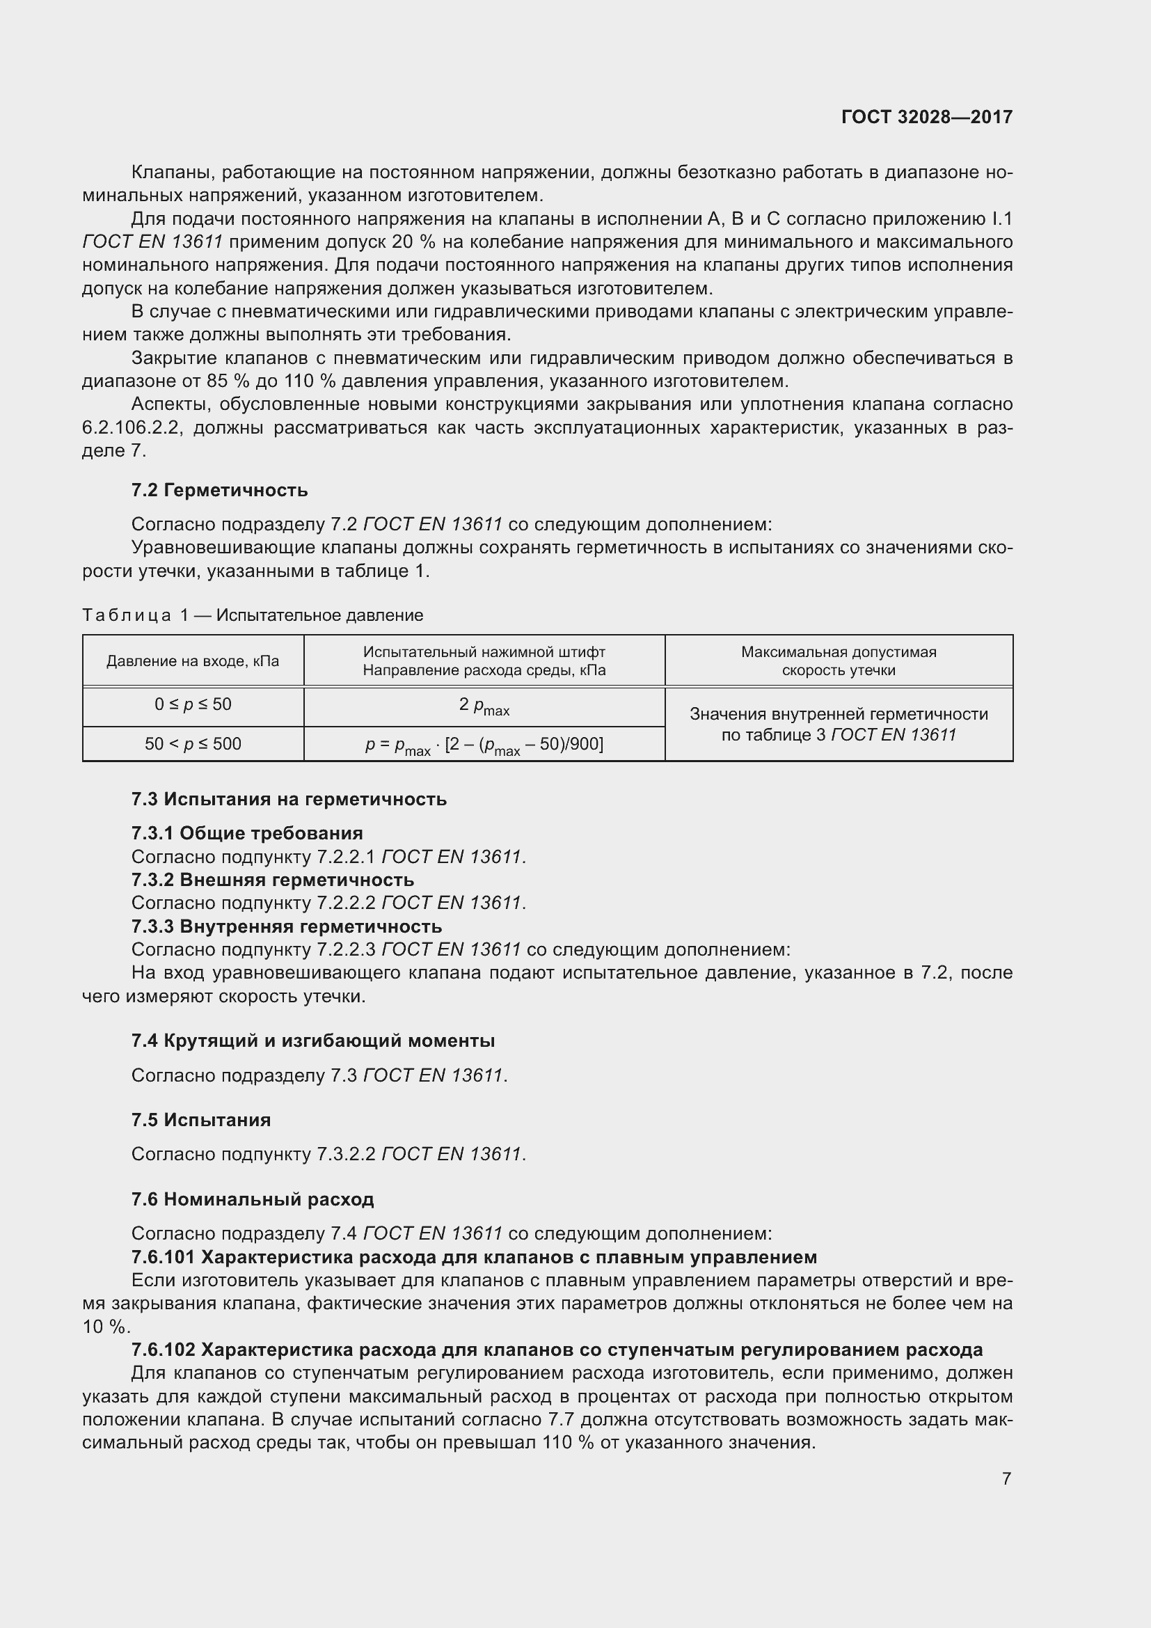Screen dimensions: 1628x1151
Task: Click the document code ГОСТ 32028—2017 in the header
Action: click(x=926, y=117)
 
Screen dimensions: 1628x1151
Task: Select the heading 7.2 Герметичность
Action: click(x=219, y=490)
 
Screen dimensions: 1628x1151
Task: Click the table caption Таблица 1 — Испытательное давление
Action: click(x=253, y=615)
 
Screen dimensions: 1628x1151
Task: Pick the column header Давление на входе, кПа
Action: click(x=193, y=661)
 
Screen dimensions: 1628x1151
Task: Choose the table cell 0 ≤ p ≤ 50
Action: click(x=193, y=704)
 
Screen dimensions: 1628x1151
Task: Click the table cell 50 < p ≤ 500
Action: click(x=193, y=744)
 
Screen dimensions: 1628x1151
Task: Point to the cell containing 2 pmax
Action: click(x=484, y=706)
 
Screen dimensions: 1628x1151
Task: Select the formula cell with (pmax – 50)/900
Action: click(x=484, y=745)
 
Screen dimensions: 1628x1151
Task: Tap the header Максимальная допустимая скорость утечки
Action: click(x=839, y=661)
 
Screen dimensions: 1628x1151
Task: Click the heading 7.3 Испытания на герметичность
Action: click(x=289, y=799)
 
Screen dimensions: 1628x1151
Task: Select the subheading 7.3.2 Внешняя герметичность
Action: click(x=272, y=880)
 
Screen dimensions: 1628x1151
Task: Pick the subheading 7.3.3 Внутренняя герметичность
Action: click(x=286, y=926)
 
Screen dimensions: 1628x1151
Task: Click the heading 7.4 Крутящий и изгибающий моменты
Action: click(x=312, y=1040)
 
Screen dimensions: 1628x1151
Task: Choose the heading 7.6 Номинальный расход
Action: click(x=253, y=1199)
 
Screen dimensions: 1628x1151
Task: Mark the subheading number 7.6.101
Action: click(x=163, y=1257)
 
